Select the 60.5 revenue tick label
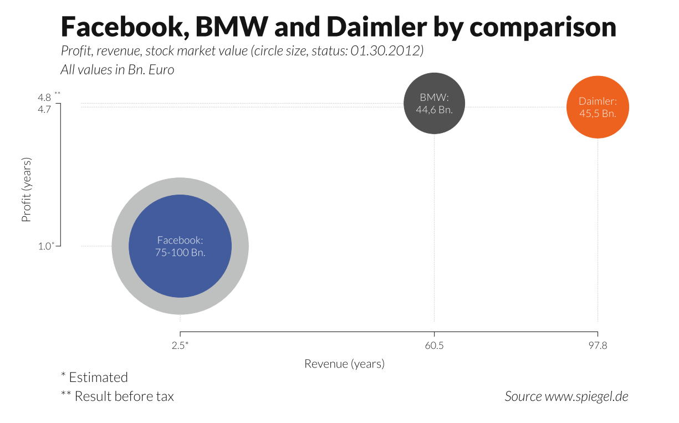[434, 345]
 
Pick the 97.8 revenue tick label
[598, 345]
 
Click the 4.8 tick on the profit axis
[44, 98]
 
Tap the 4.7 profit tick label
[44, 109]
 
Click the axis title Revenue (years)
[344, 364]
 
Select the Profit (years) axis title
[26, 190]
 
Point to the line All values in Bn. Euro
[117, 70]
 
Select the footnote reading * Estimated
[94, 378]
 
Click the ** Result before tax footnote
[117, 396]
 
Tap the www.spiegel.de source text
[586, 396]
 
